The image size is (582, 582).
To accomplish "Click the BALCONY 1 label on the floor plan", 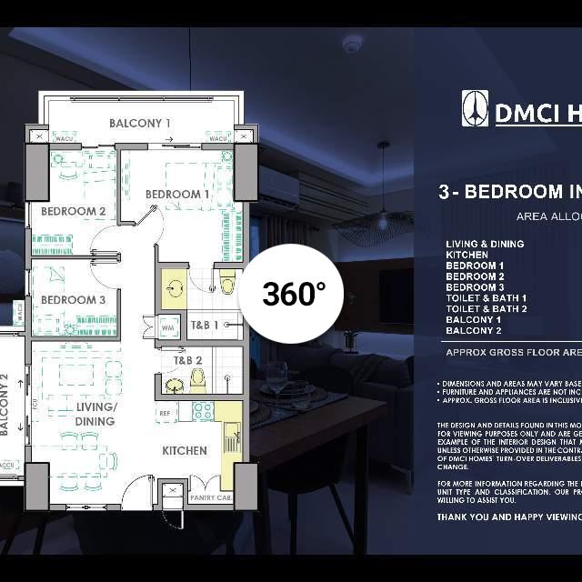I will (140, 123).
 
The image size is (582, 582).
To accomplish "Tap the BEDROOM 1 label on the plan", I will (177, 194).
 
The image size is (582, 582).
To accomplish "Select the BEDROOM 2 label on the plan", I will (73, 211).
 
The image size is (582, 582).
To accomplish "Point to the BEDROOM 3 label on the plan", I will (73, 299).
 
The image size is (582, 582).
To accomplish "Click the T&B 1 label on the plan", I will (204, 325).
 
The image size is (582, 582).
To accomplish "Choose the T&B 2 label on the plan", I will (188, 359).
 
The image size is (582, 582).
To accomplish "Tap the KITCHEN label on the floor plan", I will (185, 450).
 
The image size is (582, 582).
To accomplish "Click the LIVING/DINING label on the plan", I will (95, 414).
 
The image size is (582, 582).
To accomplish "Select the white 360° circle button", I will (293, 294).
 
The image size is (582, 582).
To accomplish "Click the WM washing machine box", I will (167, 326).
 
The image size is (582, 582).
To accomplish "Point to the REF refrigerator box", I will (166, 413).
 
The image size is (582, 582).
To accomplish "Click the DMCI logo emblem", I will (475, 109).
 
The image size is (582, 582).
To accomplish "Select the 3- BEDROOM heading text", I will (509, 192).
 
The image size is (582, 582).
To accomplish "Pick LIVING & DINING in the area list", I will (485, 244).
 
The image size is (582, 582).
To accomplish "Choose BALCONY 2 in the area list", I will (473, 331).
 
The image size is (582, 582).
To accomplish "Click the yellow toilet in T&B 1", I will (227, 285).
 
